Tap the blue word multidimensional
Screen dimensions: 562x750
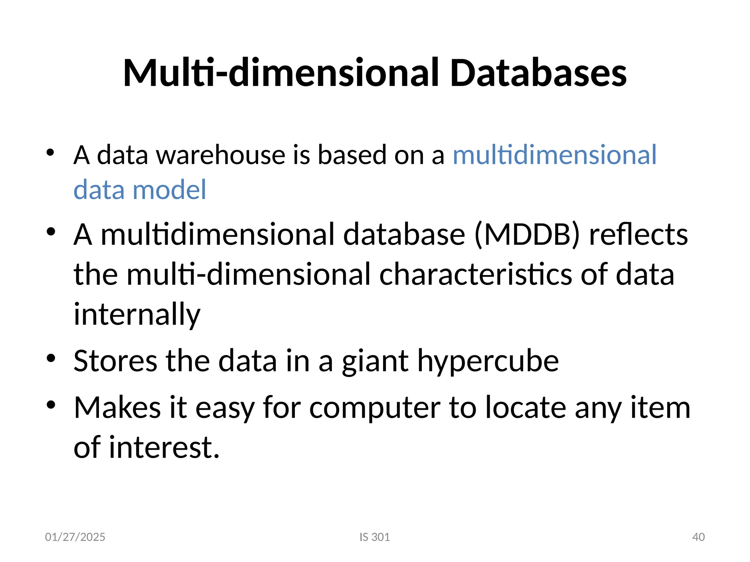pos(554,155)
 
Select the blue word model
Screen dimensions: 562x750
pos(169,190)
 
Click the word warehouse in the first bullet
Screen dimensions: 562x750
pos(221,155)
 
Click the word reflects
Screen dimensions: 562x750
pos(638,235)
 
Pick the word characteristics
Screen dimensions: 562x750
pos(475,274)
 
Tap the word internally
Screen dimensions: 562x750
pos(137,314)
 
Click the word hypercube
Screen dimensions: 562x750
pos(488,361)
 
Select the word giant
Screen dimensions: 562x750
pos(375,361)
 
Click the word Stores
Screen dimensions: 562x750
pos(115,361)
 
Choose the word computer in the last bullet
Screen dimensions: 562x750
pos(375,408)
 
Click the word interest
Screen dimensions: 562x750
pos(164,447)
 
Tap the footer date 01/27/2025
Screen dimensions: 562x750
pos(75,537)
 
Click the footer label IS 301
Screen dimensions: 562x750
pos(375,537)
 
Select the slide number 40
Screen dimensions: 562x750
pos(698,537)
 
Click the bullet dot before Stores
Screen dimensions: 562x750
pos(51,359)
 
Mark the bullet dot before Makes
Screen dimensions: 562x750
pos(51,405)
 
